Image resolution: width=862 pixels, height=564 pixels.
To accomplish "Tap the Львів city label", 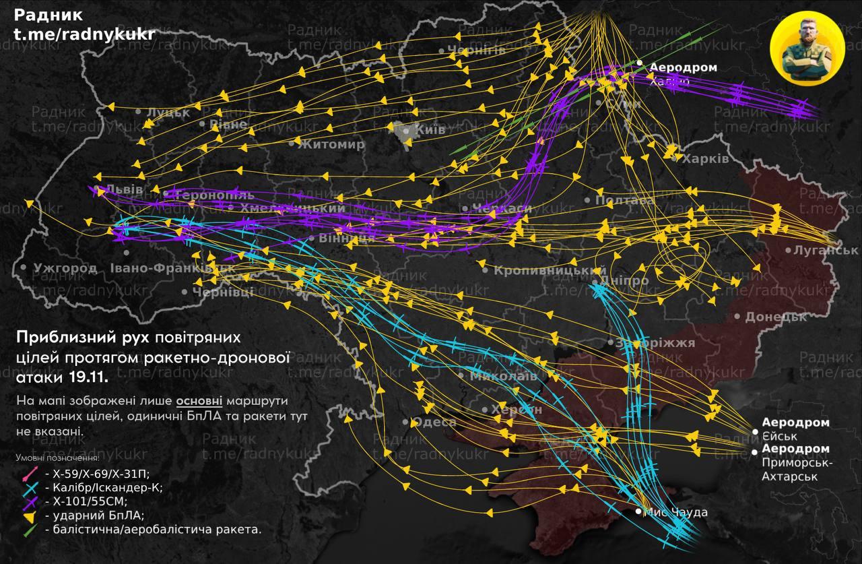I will click(124, 189).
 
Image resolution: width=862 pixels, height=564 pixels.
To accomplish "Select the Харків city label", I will click(705, 160).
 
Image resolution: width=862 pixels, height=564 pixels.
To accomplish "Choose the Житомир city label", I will click(331, 144).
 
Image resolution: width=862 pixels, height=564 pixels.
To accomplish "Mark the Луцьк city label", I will click(168, 113).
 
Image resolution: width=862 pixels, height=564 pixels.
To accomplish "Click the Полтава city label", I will click(625, 201).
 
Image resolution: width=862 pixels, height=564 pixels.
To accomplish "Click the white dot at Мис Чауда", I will click(638, 512).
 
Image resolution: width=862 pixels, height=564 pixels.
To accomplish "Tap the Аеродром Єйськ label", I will click(795, 429).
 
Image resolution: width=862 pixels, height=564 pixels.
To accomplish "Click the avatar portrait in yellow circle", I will click(806, 48).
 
